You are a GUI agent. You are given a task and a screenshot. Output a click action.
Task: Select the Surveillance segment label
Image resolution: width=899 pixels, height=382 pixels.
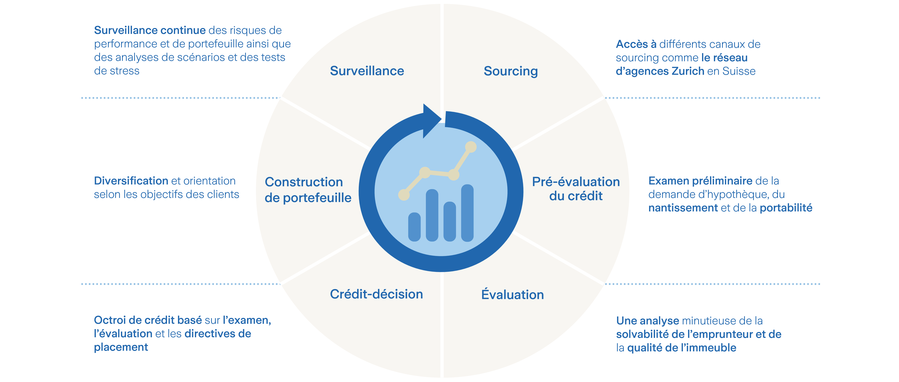pyautogui.click(x=367, y=71)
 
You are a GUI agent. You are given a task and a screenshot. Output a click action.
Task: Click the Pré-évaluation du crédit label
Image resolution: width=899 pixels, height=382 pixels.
pyautogui.click(x=576, y=189)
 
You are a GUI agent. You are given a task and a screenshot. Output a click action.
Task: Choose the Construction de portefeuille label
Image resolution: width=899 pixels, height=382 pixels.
pyautogui.click(x=308, y=190)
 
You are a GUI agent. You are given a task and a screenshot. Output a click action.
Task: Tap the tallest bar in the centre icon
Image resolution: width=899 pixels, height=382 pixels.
pyautogui.click(x=467, y=213)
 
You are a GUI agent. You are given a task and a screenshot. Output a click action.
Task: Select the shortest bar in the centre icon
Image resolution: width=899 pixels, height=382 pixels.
pyautogui.click(x=414, y=227)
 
